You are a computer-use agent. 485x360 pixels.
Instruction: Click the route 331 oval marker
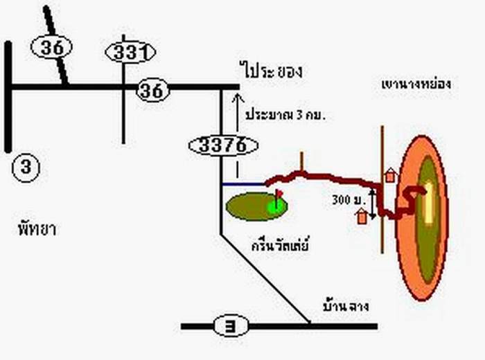(x=130, y=52)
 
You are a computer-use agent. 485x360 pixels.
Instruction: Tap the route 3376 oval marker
(x=223, y=145)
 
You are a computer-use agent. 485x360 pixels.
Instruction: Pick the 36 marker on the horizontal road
(x=154, y=90)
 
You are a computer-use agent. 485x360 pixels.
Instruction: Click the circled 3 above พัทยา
(x=26, y=167)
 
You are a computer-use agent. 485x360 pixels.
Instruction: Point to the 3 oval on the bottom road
(x=231, y=325)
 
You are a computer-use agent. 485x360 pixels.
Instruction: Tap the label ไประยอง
(x=272, y=71)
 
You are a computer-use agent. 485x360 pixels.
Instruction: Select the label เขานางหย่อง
(x=416, y=84)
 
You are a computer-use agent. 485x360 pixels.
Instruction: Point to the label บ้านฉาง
(x=344, y=304)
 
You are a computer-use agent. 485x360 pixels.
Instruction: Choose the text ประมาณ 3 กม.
(x=285, y=114)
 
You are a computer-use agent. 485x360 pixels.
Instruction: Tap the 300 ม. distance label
(x=349, y=200)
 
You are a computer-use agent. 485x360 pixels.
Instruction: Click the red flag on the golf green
(x=279, y=194)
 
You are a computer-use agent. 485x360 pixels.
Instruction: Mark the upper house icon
(x=390, y=175)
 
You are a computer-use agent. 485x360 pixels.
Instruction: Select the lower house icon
(x=362, y=216)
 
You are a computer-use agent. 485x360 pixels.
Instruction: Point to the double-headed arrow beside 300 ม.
(x=373, y=204)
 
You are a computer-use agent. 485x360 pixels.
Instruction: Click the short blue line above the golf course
(x=243, y=185)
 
